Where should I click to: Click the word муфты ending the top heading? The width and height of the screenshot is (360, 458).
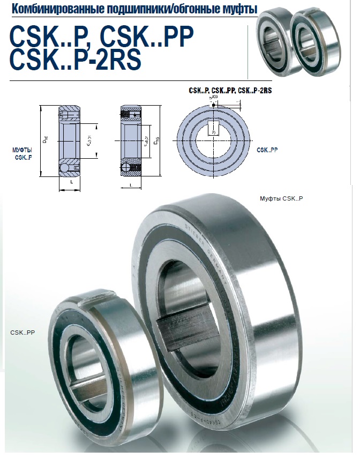pyautogui.click(x=239, y=10)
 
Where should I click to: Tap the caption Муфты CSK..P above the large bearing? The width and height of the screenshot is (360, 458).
pyautogui.click(x=281, y=198)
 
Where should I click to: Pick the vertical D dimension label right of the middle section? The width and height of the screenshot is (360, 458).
pyautogui.click(x=155, y=143)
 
